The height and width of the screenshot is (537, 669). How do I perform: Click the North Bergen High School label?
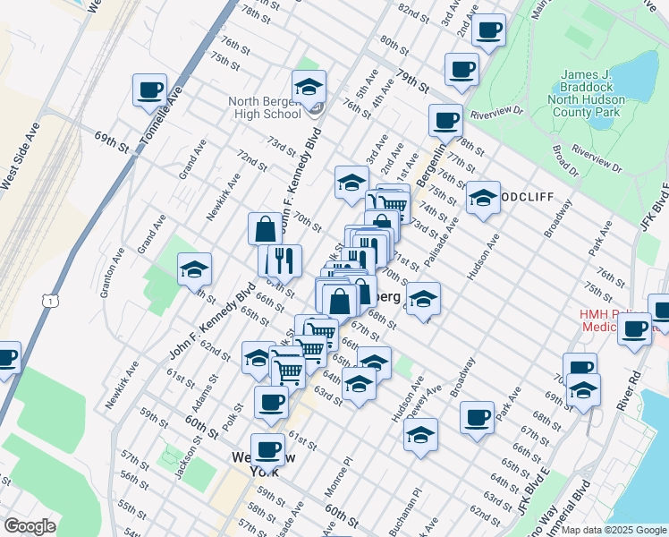click(264, 108)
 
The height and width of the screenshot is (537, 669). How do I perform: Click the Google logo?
click(29, 526)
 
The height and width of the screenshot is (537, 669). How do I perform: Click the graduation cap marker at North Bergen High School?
click(309, 86)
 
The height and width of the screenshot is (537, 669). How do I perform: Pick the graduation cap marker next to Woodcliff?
click(483, 198)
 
